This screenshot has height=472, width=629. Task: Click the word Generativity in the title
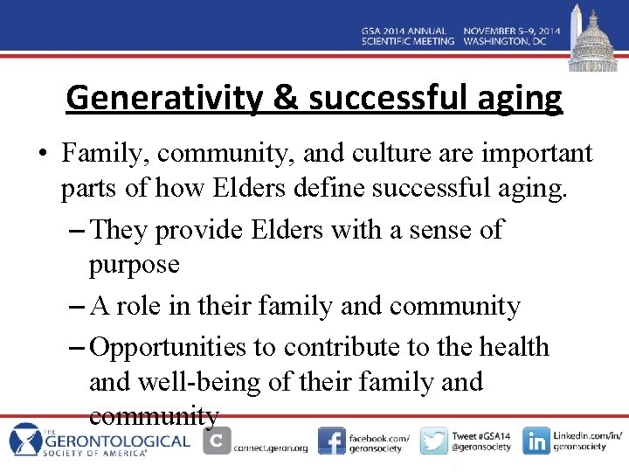tap(162, 98)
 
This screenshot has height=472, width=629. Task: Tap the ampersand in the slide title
tap(285, 98)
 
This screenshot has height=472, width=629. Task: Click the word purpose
tap(135, 265)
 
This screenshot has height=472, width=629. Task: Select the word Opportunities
tap(169, 347)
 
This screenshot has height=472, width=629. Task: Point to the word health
tap(515, 347)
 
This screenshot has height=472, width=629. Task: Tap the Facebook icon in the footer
tap(331, 441)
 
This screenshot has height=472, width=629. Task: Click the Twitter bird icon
tap(434, 441)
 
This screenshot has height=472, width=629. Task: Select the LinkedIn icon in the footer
tap(536, 441)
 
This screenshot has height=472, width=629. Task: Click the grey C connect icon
tap(217, 441)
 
